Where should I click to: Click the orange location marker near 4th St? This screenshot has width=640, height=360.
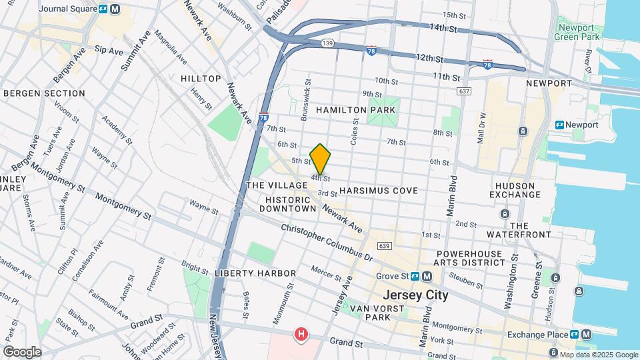(320, 159)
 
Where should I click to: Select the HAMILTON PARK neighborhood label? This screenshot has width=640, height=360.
(357, 109)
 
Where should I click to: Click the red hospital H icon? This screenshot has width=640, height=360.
(302, 334)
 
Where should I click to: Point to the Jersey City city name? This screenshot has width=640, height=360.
(415, 294)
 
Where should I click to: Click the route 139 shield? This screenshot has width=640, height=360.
(327, 43)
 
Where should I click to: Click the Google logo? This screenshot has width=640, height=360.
(21, 351)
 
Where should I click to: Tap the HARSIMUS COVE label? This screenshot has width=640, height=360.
(378, 191)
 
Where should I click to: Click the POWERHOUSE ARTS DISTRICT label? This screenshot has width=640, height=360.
(471, 259)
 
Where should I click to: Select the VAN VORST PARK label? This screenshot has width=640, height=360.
(376, 313)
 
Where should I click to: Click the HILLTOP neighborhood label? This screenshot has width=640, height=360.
(201, 79)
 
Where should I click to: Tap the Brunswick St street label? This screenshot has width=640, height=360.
(305, 104)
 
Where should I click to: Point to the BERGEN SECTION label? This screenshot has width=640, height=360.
(44, 93)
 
